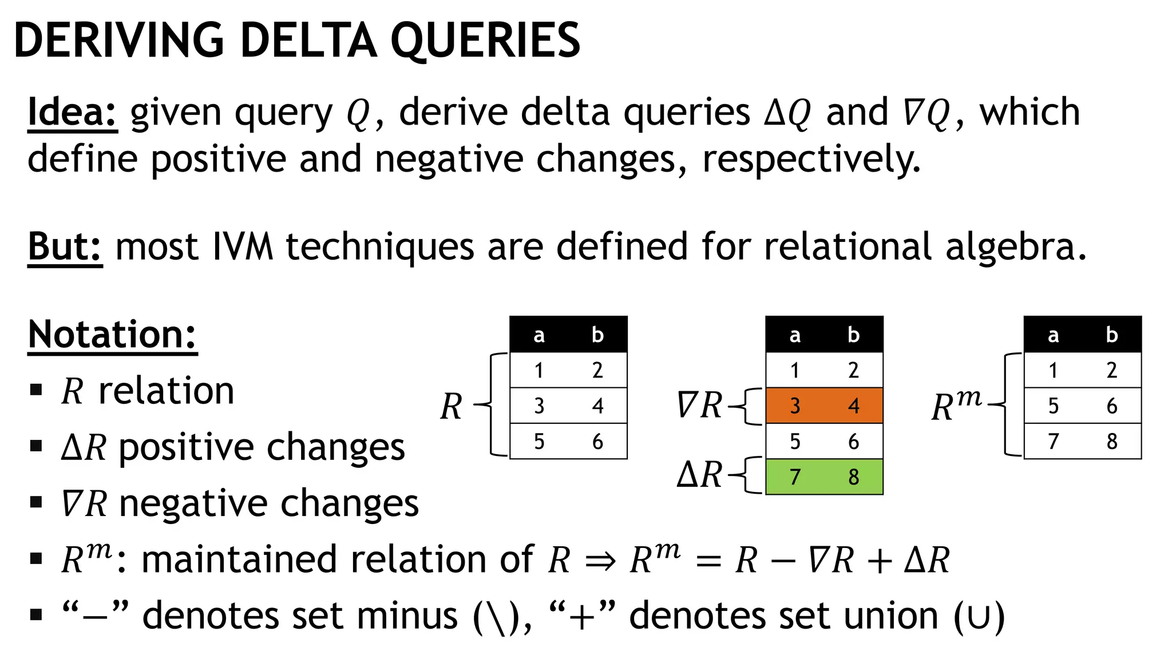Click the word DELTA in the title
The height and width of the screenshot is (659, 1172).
(308, 41)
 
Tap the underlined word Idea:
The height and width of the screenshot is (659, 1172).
(72, 112)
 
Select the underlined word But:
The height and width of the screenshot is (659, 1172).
(65, 247)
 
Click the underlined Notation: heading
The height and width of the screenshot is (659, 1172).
(112, 335)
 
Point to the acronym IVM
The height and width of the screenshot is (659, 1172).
(242, 247)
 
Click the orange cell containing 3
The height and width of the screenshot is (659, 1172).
(795, 406)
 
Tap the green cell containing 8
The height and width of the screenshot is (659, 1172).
(853, 477)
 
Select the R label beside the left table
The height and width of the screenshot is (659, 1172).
(452, 407)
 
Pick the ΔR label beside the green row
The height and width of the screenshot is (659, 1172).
(699, 475)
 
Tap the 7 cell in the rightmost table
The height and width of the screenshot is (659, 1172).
(1053, 442)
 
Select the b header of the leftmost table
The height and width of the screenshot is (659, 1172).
(597, 335)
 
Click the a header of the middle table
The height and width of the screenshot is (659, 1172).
(795, 335)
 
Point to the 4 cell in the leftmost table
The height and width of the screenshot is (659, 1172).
(597, 406)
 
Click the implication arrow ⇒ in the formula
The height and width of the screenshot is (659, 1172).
(600, 561)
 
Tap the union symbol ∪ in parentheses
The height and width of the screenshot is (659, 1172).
(979, 617)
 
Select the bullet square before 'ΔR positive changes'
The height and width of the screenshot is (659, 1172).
(36, 446)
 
